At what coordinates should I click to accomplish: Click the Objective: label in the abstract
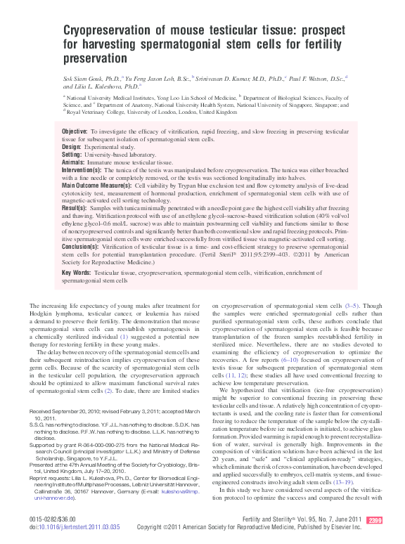(x=56, y=131)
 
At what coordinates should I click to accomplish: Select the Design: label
(x=52, y=147)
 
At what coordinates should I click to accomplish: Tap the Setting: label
(x=53, y=155)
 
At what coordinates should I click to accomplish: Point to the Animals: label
(x=53, y=162)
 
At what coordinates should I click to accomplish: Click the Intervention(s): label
(x=62, y=170)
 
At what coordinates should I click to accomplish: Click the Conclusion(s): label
(x=61, y=247)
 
